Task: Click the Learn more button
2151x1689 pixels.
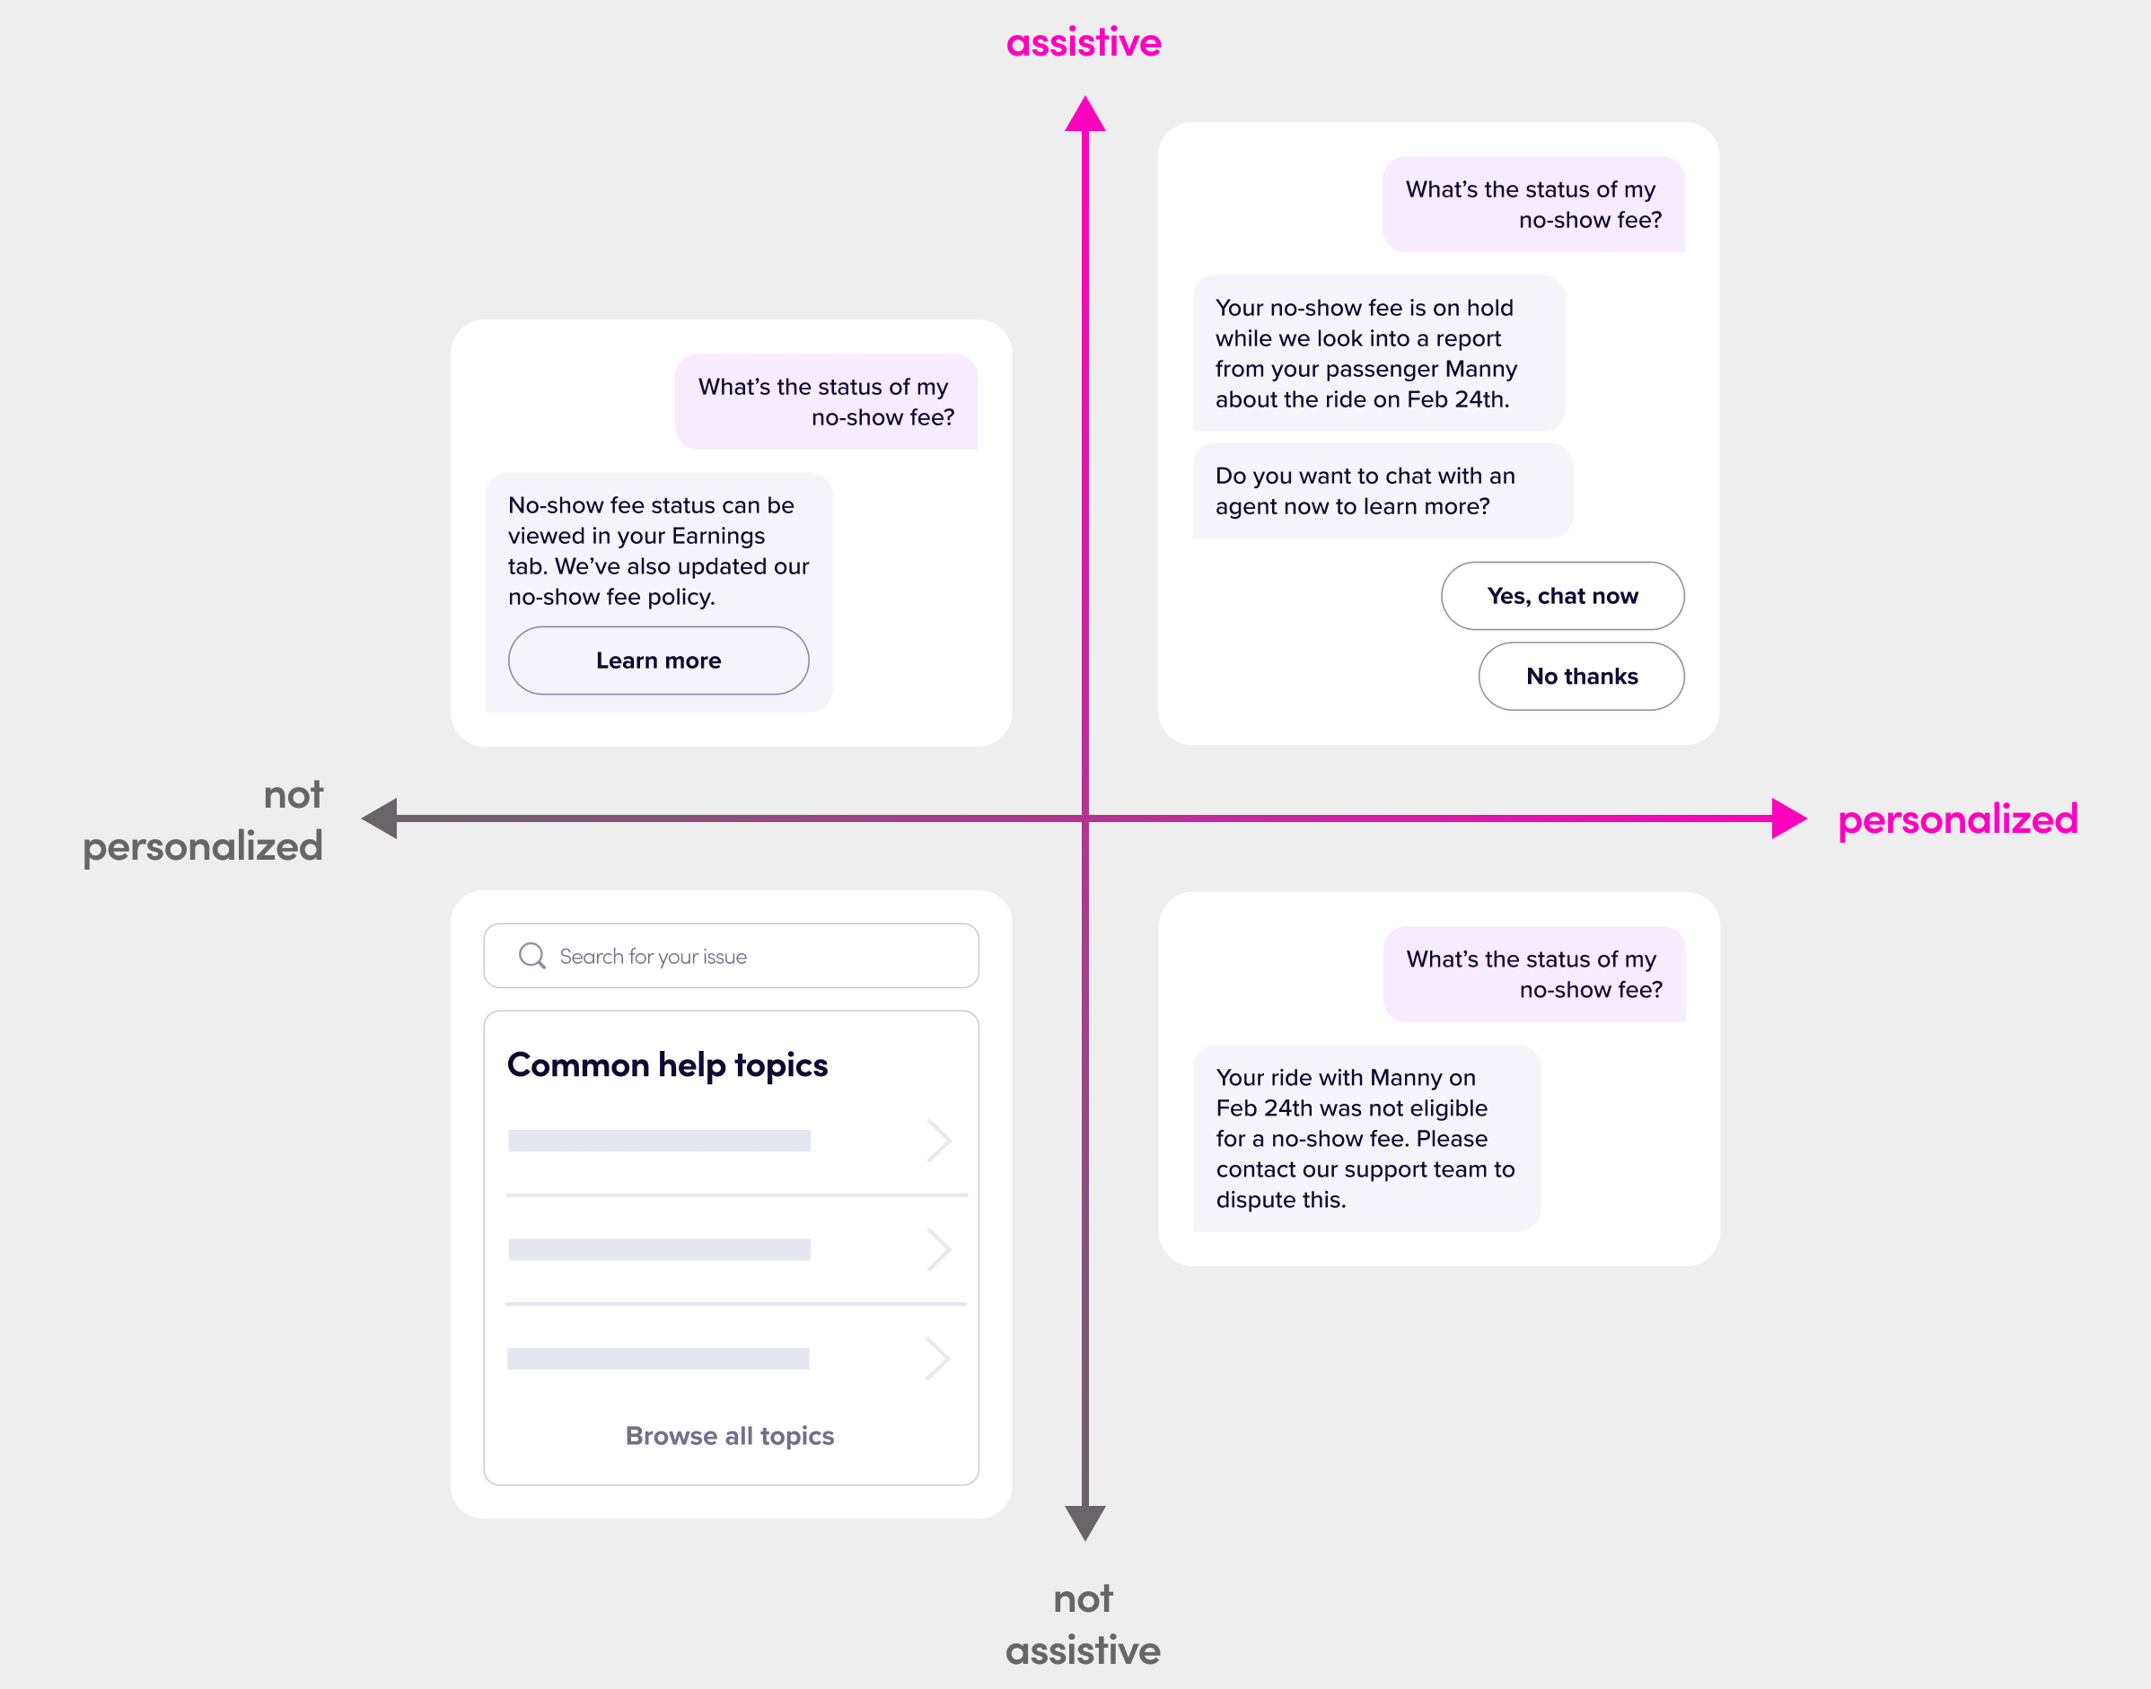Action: pyautogui.click(x=658, y=661)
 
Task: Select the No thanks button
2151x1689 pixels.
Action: pyautogui.click(x=1580, y=677)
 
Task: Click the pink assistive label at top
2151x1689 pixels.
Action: pyautogui.click(x=1083, y=42)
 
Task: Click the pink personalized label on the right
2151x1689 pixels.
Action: pyautogui.click(x=1957, y=819)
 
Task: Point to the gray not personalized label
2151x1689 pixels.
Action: pyautogui.click(x=203, y=821)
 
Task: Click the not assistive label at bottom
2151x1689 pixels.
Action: pyautogui.click(x=1083, y=1624)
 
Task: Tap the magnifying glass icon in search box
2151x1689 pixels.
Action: pyautogui.click(x=532, y=955)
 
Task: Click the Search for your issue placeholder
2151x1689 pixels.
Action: pyautogui.click(x=653, y=957)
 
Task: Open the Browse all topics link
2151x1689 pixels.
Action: pyautogui.click(x=729, y=1436)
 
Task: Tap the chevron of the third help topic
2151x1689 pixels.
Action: pyautogui.click(x=937, y=1358)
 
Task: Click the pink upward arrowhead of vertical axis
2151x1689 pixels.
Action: pyautogui.click(x=1084, y=115)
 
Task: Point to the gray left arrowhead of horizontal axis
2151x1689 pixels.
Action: pyautogui.click(x=381, y=818)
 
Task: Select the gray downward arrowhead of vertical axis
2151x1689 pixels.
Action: pyautogui.click(x=1084, y=1521)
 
